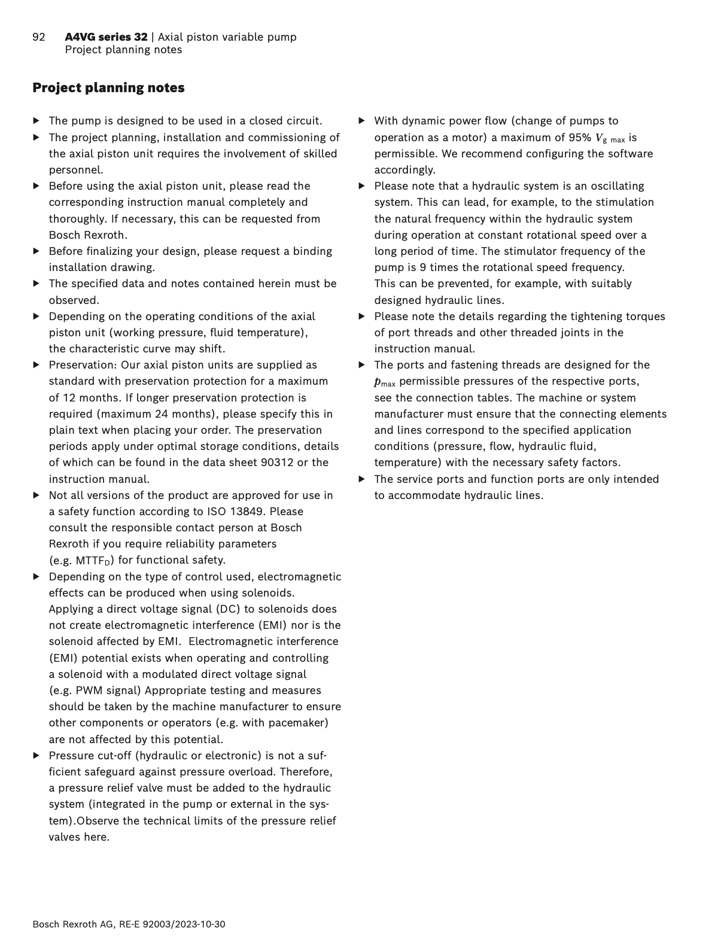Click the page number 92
click(x=39, y=37)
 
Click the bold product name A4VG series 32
click(x=106, y=37)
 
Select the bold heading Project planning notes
click(x=108, y=87)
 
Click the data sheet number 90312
click(x=277, y=463)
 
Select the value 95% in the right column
click(x=579, y=138)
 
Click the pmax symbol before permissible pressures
click(x=385, y=382)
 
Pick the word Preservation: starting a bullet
click(x=83, y=365)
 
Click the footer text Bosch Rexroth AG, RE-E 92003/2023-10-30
click(x=129, y=924)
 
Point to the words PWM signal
click(x=108, y=691)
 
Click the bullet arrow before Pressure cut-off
click(x=36, y=756)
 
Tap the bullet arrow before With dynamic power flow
click(x=362, y=121)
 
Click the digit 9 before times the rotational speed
click(x=423, y=267)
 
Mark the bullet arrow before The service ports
click(x=362, y=479)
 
